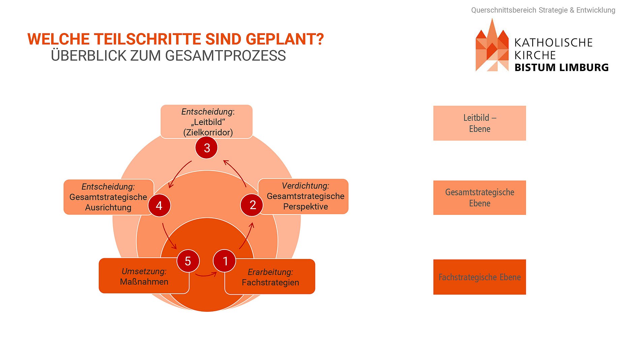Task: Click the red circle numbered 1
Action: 225,261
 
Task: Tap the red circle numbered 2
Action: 252,205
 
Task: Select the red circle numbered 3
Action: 206,148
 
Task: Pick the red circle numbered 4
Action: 159,205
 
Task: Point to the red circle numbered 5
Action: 188,261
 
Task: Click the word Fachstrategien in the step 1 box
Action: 270,283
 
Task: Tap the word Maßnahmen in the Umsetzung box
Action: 144,282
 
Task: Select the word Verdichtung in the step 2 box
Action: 305,186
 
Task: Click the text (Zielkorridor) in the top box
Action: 208,132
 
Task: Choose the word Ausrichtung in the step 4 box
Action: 108,207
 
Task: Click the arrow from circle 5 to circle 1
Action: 206,275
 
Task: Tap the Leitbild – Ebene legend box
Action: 479,123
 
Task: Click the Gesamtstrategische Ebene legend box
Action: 479,198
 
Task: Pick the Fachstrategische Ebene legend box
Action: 479,277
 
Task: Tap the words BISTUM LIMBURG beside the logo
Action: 561,68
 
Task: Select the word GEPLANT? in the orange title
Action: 285,39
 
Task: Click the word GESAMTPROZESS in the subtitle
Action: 225,56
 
